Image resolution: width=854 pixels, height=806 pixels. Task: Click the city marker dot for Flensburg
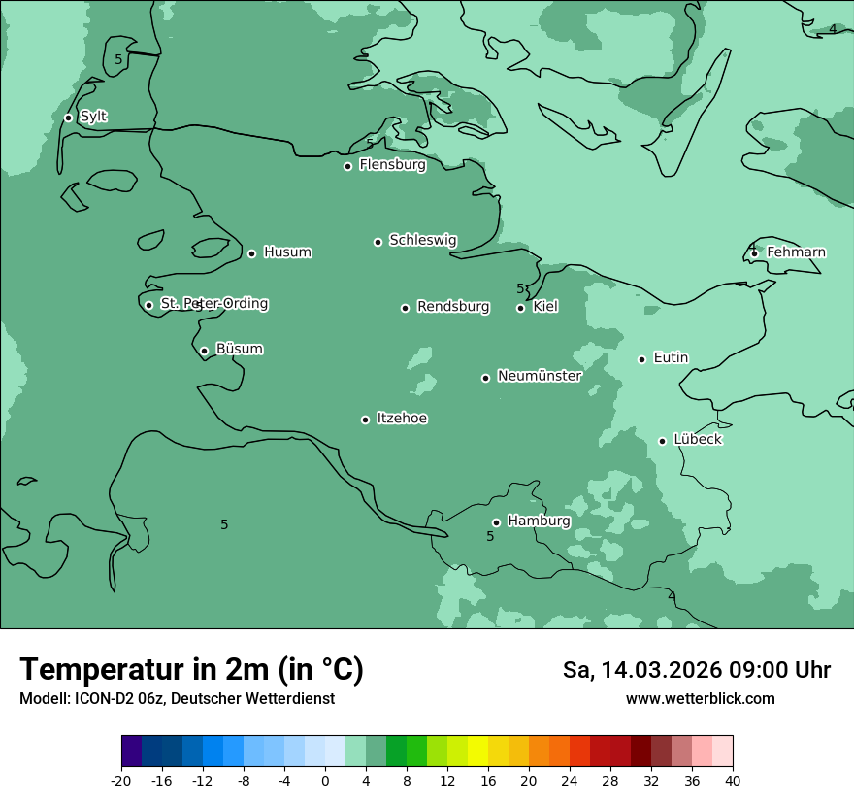pyautogui.click(x=347, y=166)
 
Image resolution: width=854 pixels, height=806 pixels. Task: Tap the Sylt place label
pyautogui.click(x=93, y=117)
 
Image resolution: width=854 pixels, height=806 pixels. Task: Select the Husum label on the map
pyautogui.click(x=287, y=252)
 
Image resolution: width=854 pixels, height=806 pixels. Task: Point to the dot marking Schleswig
pyautogui.click(x=378, y=242)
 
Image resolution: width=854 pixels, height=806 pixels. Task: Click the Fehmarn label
pyautogui.click(x=796, y=252)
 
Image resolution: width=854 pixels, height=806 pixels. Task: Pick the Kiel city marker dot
pyautogui.click(x=520, y=308)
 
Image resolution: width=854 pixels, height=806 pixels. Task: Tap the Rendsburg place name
pyautogui.click(x=453, y=307)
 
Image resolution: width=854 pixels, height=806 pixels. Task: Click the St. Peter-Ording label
pyautogui.click(x=213, y=304)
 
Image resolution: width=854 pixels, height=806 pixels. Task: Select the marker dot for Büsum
pyautogui.click(x=204, y=351)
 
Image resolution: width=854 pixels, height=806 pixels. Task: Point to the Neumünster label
pyautogui.click(x=540, y=376)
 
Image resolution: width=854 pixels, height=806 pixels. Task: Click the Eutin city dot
pyautogui.click(x=641, y=359)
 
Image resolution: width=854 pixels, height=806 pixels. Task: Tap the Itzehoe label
pyautogui.click(x=402, y=419)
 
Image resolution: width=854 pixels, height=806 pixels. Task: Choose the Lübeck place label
pyautogui.click(x=697, y=440)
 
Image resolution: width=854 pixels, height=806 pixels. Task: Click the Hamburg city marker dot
pyautogui.click(x=496, y=522)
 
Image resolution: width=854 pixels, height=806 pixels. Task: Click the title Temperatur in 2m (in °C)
pyautogui.click(x=192, y=669)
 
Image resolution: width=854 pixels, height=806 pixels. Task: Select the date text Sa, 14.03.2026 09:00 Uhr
pyautogui.click(x=696, y=670)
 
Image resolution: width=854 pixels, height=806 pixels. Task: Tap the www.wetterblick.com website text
pyautogui.click(x=700, y=699)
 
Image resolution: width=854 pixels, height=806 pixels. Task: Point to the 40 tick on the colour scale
pyautogui.click(x=732, y=781)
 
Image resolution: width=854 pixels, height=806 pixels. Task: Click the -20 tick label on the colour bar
pyautogui.click(x=121, y=781)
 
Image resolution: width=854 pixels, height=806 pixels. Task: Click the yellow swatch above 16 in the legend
pyautogui.click(x=477, y=752)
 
